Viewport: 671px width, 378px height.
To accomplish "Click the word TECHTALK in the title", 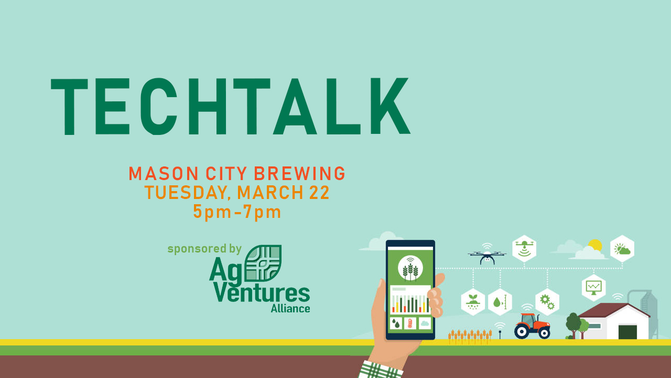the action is coord(230,107).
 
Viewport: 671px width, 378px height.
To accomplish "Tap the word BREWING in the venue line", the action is coord(300,173).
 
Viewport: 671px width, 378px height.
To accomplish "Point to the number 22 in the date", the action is coord(319,192).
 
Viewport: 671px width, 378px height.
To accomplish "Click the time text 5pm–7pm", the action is coord(237,212).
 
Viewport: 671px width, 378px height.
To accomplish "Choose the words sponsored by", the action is coord(204,249).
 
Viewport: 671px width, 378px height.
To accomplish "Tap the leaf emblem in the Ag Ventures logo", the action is coord(263,263).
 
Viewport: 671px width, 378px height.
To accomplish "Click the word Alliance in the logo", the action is coord(290,308).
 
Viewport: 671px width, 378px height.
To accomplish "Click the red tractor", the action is coord(532,326).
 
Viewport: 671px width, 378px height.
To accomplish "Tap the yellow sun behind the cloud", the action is coord(595,245).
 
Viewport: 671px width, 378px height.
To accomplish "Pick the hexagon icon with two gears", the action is coord(547,302).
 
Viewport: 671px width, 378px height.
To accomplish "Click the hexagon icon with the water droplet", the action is coord(500,302).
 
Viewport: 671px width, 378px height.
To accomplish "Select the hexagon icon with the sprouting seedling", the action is coord(473,302).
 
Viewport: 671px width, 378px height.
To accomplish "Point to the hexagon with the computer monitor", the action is coord(594,287).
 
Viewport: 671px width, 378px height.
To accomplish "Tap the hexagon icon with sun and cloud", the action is coord(622,248).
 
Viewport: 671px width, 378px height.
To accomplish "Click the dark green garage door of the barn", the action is coord(627,332).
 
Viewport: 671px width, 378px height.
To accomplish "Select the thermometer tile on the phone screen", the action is coord(410,323).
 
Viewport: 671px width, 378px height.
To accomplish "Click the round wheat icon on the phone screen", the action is coord(410,268).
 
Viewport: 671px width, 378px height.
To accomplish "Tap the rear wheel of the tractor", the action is coord(522,332).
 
